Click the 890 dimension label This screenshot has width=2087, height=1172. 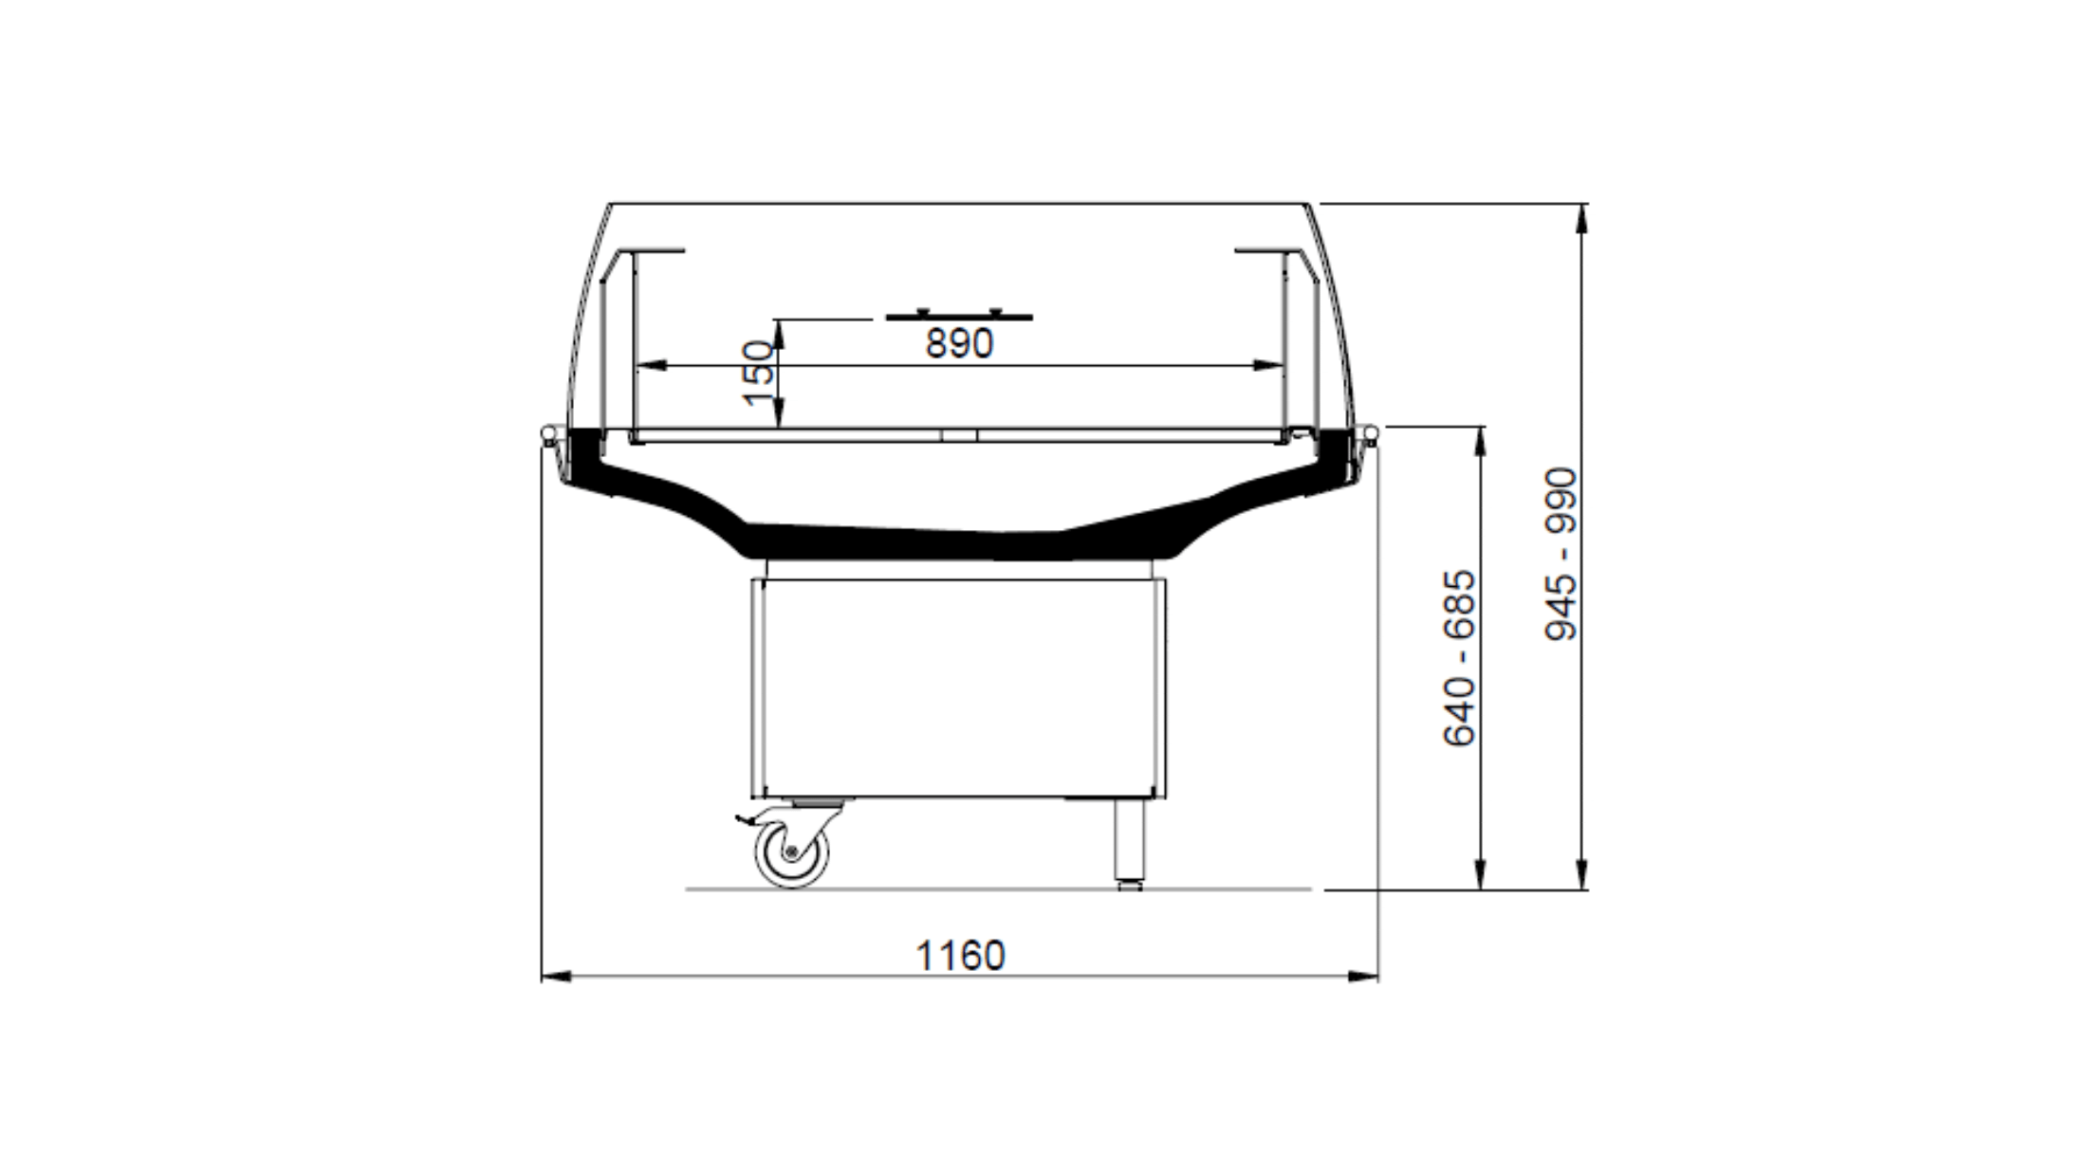pos(959,343)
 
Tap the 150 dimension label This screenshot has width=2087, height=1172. pos(759,374)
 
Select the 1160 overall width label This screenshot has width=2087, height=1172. pos(959,956)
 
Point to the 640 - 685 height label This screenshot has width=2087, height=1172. pos(1459,658)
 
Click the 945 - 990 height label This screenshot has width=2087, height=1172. pos(1561,554)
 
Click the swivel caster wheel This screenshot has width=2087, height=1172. pos(792,852)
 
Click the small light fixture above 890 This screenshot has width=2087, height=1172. pos(958,315)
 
